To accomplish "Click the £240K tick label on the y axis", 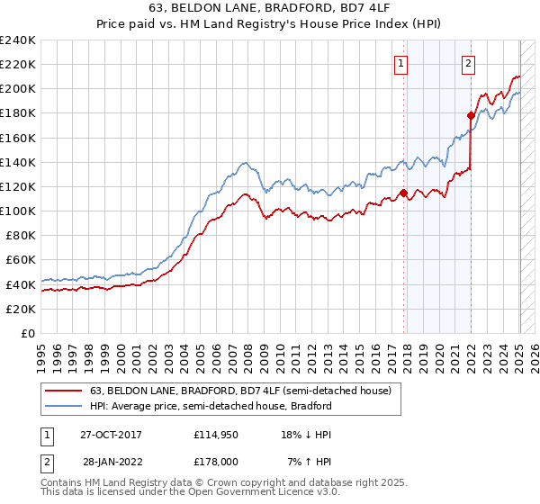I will tap(18, 40).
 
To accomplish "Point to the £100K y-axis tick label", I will tap(18, 211).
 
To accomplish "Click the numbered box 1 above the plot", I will tap(400, 63).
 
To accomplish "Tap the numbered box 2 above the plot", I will tap(469, 63).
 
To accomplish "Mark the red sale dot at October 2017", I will tap(403, 192).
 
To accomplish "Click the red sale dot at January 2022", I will tap(471, 115).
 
